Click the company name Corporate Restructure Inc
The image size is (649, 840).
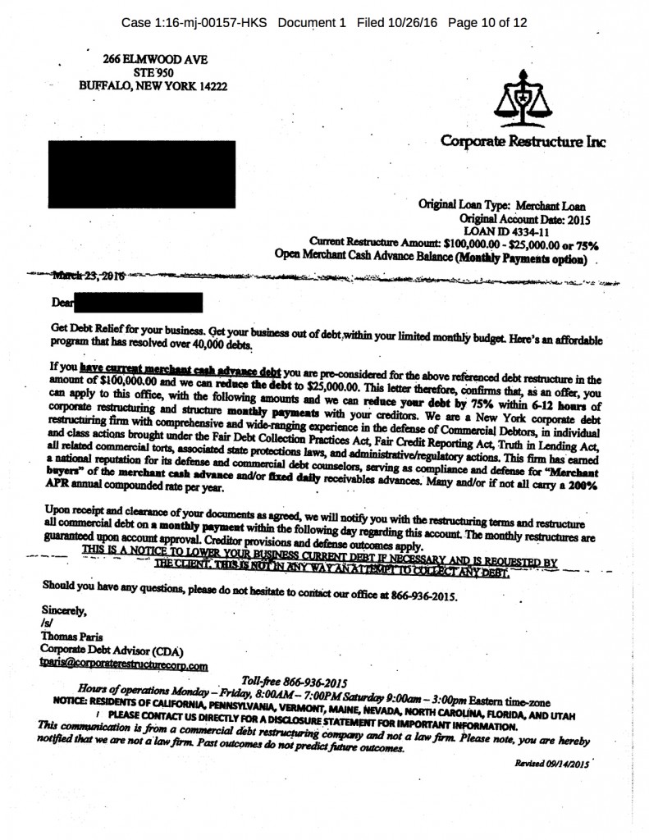click(523, 140)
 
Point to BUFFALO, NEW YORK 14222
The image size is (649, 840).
click(153, 84)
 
